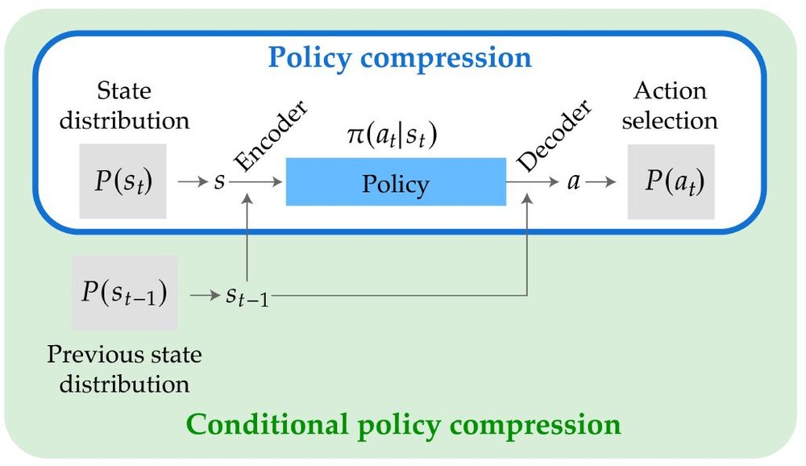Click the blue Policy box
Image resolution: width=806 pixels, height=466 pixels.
click(x=396, y=182)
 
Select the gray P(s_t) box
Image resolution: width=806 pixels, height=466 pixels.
click(x=123, y=181)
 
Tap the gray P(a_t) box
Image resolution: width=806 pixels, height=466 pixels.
click(x=671, y=181)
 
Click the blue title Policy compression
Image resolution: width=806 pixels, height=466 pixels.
click(x=400, y=58)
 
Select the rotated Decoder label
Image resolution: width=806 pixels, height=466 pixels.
click(x=554, y=136)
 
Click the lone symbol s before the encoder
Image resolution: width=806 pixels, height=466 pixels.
click(x=218, y=182)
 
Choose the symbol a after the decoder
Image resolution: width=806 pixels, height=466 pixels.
click(x=574, y=182)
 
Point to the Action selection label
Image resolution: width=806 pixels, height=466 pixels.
click(x=670, y=105)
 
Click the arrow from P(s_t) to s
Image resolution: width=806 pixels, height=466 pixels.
click(x=192, y=182)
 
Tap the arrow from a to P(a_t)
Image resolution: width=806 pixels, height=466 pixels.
click(x=600, y=182)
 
